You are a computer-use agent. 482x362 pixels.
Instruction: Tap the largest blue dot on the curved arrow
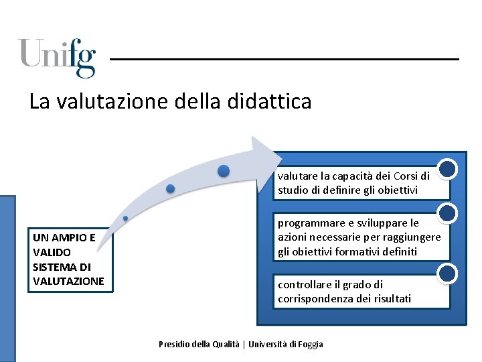coord(224,171)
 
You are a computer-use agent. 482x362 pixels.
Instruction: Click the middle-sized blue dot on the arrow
coord(171,188)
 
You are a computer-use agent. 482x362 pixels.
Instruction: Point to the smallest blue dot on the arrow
coord(125,219)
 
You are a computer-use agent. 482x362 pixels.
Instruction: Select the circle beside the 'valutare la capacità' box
coord(447,168)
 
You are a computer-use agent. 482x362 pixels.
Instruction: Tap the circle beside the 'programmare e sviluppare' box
coord(447,214)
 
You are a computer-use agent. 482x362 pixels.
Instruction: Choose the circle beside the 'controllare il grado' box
coord(447,274)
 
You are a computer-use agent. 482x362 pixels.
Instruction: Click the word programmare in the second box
coord(308,223)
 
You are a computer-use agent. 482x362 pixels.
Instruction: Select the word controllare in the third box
coord(303,284)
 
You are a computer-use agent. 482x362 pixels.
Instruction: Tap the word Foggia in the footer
coord(309,344)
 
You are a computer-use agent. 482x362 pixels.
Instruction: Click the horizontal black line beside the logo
coord(284,60)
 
